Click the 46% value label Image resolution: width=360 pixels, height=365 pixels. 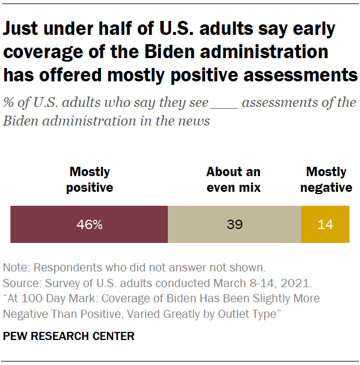tap(89, 224)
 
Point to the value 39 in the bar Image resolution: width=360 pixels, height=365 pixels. tap(235, 224)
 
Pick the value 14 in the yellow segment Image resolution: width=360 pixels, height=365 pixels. tap(325, 224)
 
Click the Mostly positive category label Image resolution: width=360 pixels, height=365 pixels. tap(89, 180)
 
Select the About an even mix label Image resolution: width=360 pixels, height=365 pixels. tap(233, 180)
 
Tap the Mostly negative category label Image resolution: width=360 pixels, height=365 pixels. tap(326, 180)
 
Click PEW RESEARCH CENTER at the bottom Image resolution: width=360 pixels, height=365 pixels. tap(69, 336)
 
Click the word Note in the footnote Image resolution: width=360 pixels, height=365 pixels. tap(16, 268)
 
